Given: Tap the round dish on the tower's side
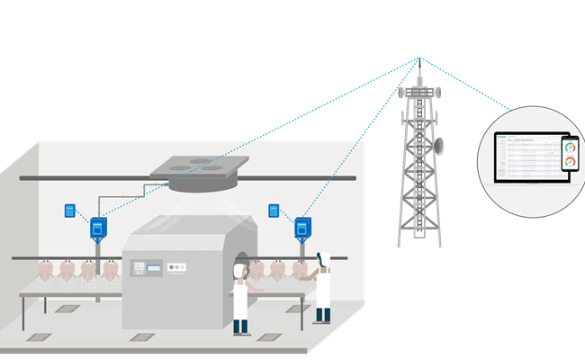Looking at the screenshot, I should [440, 144].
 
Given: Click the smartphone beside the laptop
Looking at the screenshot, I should [569, 154].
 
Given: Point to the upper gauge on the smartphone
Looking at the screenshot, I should [569, 147].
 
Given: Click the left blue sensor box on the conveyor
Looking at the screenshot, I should [98, 229].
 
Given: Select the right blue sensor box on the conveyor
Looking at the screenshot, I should [303, 229].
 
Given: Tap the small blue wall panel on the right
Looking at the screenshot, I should [273, 211].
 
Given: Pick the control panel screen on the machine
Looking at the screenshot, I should [155, 267].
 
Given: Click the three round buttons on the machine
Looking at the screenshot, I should [176, 266].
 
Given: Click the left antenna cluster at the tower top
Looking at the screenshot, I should [404, 91].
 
